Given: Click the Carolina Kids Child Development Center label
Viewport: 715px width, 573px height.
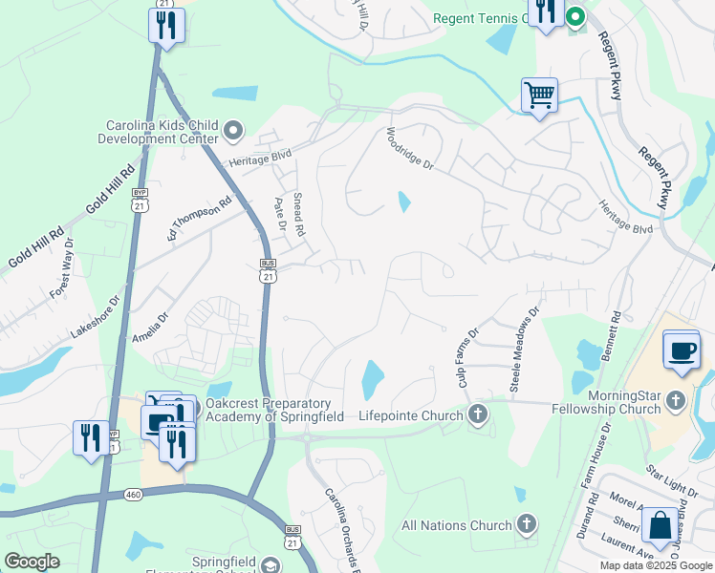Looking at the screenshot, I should [x=159, y=132].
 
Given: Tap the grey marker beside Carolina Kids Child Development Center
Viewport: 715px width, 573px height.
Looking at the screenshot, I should [x=234, y=130].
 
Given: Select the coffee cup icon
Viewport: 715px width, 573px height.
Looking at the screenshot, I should [x=682, y=350].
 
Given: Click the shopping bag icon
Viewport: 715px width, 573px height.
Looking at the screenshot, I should [x=661, y=525].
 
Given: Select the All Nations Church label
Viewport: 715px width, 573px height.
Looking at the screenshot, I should [x=457, y=525].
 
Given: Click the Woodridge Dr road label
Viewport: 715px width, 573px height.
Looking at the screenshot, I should [x=410, y=149].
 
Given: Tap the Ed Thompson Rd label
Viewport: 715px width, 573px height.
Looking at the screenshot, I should [x=200, y=218].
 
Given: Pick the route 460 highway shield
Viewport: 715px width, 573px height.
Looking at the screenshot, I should [x=133, y=495].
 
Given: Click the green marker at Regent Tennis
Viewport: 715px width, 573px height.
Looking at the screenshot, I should [x=576, y=17].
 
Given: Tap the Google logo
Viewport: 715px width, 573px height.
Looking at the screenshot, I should [x=32, y=562].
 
